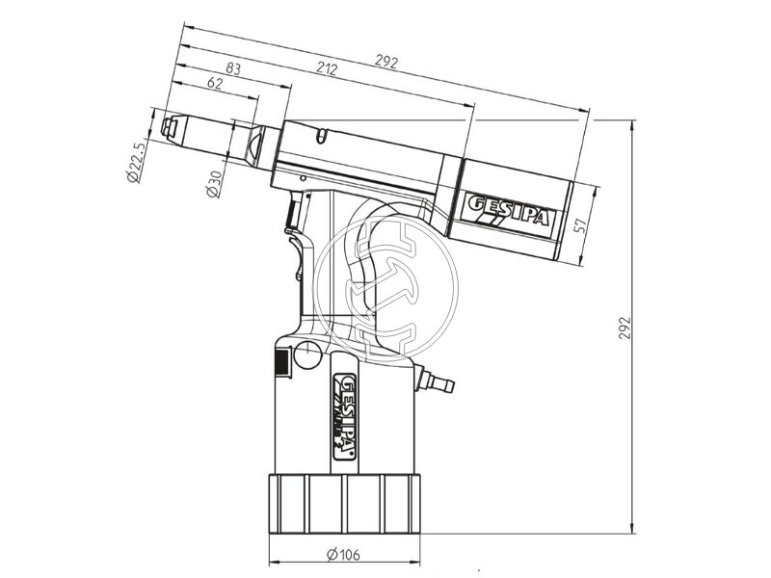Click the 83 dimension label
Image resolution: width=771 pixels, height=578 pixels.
232,68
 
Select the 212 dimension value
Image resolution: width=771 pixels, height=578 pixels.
327,68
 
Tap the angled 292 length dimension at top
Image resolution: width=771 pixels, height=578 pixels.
386,62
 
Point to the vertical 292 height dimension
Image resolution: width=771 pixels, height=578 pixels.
624,328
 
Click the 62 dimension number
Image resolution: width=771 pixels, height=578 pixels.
215,83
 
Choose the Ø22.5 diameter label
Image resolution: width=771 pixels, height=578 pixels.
136,162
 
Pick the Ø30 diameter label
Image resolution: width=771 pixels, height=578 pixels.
215,184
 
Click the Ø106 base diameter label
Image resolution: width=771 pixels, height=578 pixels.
343,555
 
